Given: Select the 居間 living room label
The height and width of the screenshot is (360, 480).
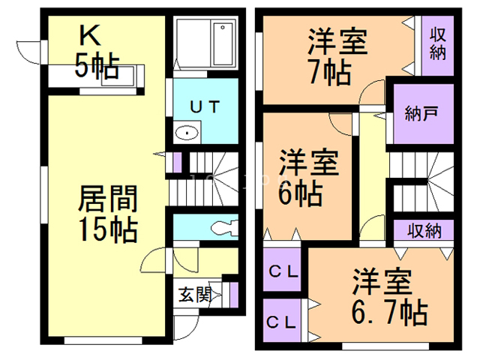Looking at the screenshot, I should point(108,200).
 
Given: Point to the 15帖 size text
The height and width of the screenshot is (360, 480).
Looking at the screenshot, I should point(108,229).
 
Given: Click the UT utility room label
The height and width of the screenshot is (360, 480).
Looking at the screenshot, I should point(204,106).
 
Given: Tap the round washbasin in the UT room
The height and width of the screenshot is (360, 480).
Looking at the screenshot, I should point(187,133).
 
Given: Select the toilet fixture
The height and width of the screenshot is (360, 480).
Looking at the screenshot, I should point(222,227).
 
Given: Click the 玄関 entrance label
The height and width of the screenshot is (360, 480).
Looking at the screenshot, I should point(194,295).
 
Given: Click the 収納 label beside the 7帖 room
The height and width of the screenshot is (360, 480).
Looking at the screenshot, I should point(437,44).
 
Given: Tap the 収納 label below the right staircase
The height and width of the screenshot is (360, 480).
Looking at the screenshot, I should point(424,230).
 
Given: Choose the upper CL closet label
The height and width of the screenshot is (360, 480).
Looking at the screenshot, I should point(285,272).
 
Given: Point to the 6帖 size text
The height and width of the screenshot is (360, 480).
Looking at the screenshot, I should point(301,194).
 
